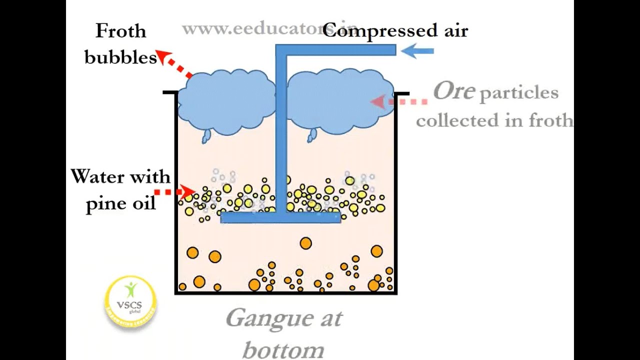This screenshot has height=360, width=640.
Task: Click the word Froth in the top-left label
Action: [120, 31]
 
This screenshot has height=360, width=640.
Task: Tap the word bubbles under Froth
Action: [120, 57]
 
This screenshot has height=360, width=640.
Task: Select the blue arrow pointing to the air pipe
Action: [417, 50]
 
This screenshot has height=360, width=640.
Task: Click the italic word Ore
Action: [453, 91]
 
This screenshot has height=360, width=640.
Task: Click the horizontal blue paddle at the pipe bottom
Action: [280, 217]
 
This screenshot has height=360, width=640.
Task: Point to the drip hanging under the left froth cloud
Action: [206, 136]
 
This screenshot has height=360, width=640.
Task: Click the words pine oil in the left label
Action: [120, 203]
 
